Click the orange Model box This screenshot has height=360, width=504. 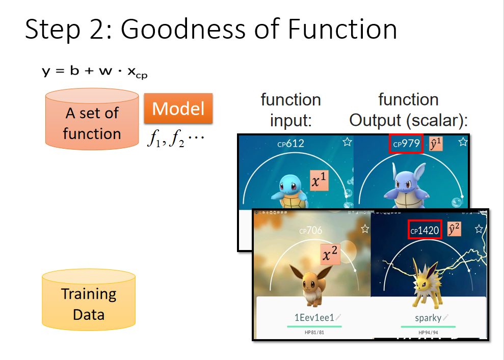(178, 108)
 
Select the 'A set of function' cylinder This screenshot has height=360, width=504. (92, 119)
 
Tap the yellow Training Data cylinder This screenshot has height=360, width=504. (89, 299)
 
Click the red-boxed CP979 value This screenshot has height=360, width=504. (406, 144)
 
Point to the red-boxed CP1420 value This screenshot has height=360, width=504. (425, 230)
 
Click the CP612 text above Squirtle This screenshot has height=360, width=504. (290, 143)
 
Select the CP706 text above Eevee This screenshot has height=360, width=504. (310, 230)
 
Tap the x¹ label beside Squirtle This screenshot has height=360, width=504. (319, 180)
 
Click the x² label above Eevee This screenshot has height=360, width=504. (330, 254)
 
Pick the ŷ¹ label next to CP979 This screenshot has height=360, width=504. (436, 144)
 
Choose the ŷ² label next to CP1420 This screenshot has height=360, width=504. (454, 229)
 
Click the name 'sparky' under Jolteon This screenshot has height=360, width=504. (428, 318)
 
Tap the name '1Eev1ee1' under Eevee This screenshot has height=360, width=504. (314, 318)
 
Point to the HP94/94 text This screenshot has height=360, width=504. (428, 333)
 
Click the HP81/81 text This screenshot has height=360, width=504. (314, 333)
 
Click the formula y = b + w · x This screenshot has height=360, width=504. (95, 72)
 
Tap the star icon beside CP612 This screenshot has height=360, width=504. (347, 142)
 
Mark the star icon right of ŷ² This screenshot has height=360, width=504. (479, 229)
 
